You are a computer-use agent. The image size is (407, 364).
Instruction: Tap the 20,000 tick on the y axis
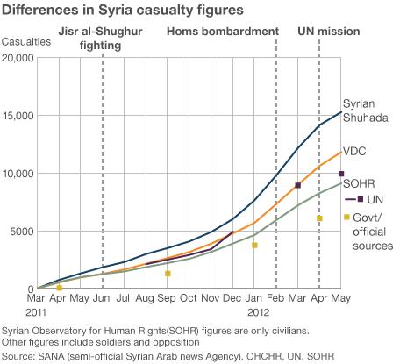(18, 58)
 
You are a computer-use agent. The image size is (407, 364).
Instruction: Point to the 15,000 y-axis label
(18, 116)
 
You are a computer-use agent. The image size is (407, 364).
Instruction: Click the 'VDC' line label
(354, 151)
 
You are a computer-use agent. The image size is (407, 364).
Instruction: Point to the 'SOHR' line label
(356, 184)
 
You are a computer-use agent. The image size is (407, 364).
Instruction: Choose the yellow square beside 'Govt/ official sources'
(346, 218)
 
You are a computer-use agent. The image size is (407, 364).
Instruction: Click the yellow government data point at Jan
(254, 246)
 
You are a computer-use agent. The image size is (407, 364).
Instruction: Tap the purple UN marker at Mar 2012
(298, 185)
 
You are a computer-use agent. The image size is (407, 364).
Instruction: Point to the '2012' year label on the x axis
(256, 311)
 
